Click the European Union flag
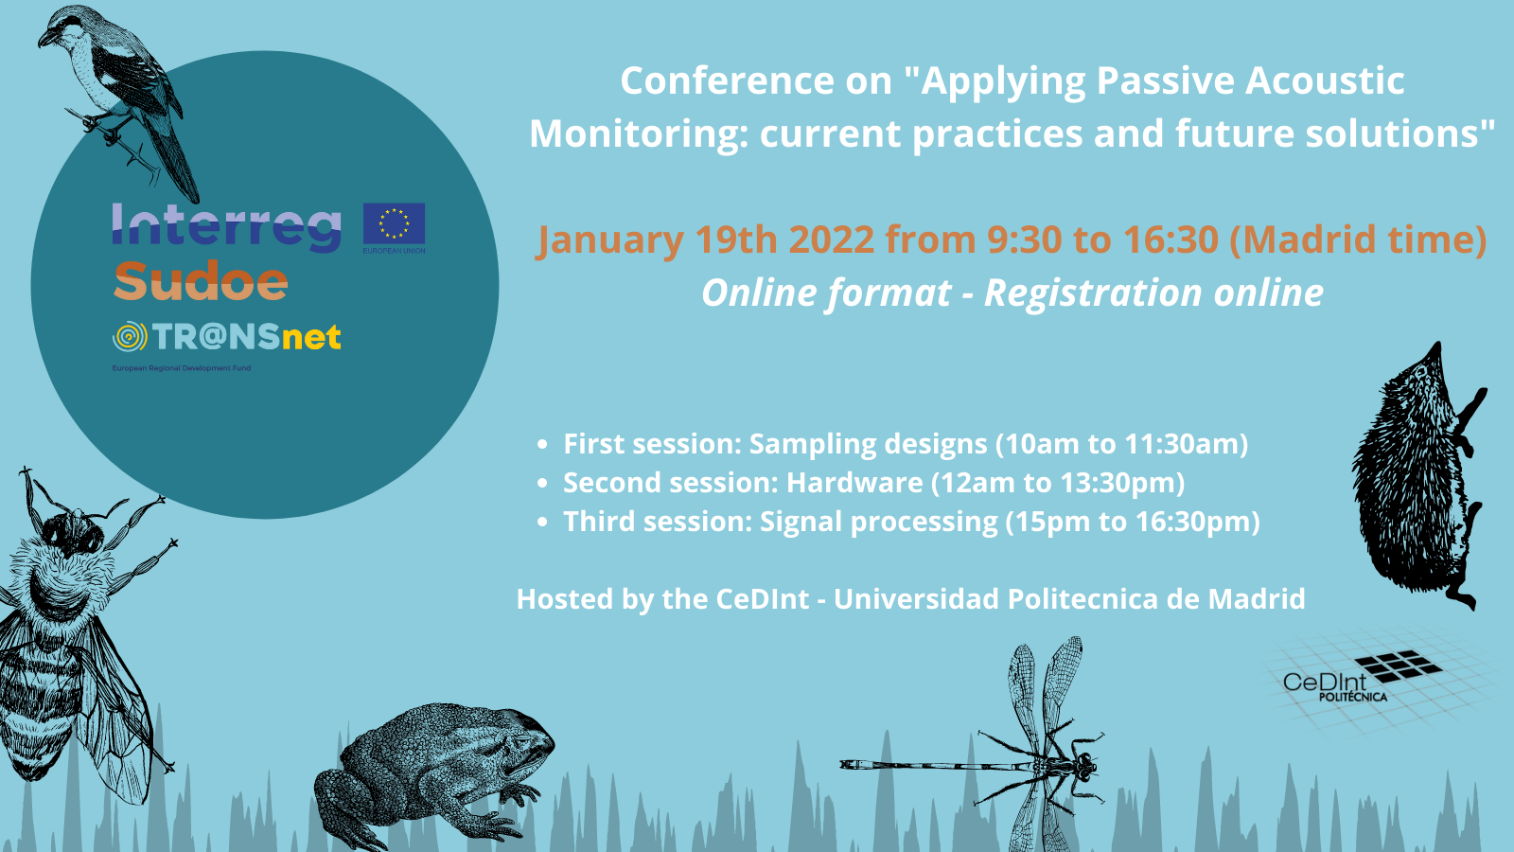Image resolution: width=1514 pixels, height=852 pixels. click(x=394, y=223)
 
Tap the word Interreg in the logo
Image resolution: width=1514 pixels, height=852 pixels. click(x=226, y=227)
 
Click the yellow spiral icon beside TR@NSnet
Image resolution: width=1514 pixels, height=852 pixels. click(x=130, y=337)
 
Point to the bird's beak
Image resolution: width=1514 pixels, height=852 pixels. click(x=44, y=40)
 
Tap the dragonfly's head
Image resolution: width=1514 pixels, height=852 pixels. click(x=1084, y=765)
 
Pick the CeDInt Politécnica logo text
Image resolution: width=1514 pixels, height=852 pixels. click(x=1330, y=685)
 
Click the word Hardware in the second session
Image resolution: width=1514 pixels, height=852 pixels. click(x=854, y=483)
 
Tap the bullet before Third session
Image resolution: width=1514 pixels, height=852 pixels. click(x=542, y=522)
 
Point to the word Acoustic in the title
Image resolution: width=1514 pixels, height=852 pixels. click(x=1325, y=80)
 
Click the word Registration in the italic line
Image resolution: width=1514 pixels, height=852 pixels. click(x=1092, y=293)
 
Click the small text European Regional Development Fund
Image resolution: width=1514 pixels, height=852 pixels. click(x=181, y=368)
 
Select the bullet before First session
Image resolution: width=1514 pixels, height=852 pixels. click(x=542, y=444)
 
